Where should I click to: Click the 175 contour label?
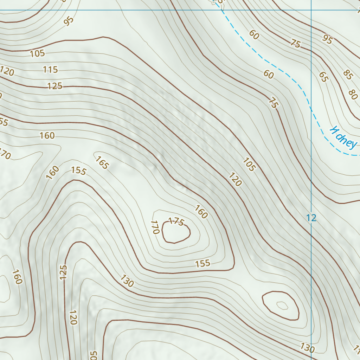[176, 221]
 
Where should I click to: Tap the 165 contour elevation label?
[102, 162]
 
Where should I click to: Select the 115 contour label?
[50, 70]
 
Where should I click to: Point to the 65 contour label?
[323, 77]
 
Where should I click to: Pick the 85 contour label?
[348, 75]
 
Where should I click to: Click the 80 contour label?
[353, 95]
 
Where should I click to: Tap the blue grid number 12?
[311, 218]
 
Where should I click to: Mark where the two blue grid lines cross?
[311, 10]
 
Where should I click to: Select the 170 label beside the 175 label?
[155, 227]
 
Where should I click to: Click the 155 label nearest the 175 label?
[202, 263]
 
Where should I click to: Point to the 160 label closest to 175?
[201, 212]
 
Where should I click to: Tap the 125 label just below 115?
[54, 85]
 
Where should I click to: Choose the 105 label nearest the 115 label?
[37, 53]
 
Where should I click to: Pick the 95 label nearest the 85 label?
[327, 40]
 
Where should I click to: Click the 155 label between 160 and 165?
[78, 171]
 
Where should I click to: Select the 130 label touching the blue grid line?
[307, 348]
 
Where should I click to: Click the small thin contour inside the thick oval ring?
[282, 306]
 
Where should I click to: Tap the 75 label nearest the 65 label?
[296, 44]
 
